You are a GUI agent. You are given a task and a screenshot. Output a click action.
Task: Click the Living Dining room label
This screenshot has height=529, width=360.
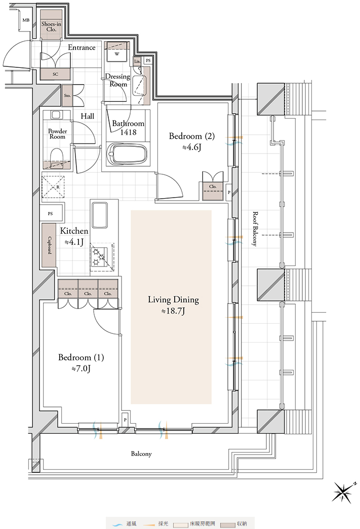[x=173, y=299]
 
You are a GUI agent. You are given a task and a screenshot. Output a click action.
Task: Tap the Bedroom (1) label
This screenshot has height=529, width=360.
[x=81, y=357]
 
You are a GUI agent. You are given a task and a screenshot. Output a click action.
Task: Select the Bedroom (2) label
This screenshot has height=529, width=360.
[x=192, y=136]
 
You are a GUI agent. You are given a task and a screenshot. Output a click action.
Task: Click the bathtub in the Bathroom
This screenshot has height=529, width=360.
[x=127, y=154]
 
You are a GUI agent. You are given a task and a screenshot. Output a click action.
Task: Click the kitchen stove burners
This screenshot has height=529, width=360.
[x=99, y=257]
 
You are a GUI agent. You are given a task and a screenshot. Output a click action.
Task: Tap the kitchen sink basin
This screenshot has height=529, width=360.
[x=100, y=215]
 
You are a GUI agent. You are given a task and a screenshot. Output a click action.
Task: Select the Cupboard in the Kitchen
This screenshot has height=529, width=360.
[x=49, y=245]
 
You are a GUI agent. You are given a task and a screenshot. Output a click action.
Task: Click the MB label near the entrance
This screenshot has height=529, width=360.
[x=26, y=20]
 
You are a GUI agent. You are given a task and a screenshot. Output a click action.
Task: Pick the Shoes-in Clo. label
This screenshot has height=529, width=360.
[x=51, y=26]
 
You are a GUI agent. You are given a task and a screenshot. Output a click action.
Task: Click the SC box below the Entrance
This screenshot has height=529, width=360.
[x=55, y=74]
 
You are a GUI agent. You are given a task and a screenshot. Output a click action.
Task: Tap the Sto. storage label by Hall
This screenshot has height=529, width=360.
[x=67, y=95]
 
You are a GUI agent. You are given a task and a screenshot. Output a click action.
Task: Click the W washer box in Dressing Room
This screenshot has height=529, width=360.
[x=117, y=54]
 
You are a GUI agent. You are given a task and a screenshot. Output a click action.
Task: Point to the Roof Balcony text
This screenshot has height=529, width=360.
[x=255, y=229]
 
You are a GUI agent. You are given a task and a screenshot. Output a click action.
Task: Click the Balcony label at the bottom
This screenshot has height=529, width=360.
[x=141, y=454]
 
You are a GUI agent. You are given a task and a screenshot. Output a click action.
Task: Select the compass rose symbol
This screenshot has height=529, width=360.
[x=342, y=492]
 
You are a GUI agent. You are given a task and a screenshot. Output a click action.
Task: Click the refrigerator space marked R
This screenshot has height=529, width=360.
[x=53, y=186]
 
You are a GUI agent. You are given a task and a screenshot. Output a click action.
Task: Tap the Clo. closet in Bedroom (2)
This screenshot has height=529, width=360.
[x=213, y=191]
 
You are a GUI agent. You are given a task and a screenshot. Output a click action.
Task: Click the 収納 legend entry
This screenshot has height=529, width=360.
[x=234, y=524]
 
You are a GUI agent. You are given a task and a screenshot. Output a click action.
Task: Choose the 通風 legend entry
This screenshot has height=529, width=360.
[x=125, y=524]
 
